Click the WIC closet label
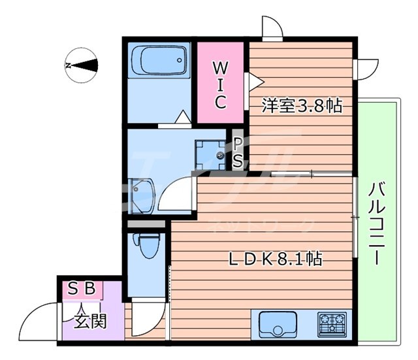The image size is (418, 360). tap(220, 84)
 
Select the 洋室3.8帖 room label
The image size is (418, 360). tap(302, 105)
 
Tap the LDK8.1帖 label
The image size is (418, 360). tap(274, 259)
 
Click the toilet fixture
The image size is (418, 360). tap(147, 247)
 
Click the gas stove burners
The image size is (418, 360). tap(332, 323)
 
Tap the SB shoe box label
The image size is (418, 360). tap(82, 288)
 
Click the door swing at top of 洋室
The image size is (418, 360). tap(272, 28)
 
